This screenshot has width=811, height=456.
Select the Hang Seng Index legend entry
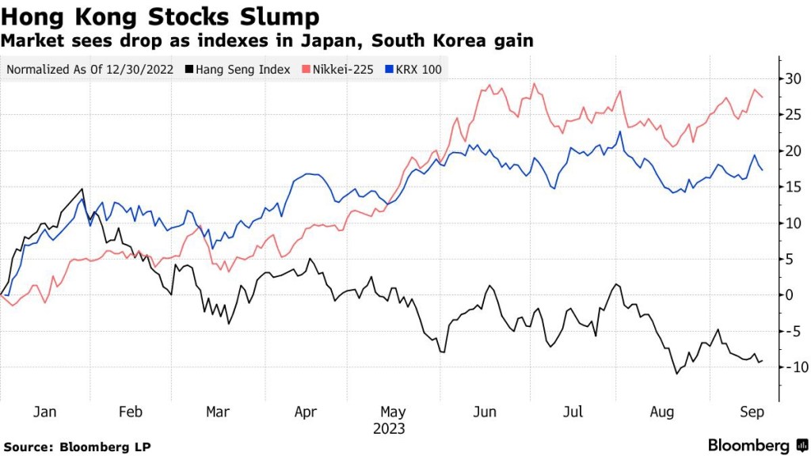click(x=242, y=69)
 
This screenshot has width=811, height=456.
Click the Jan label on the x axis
click(x=45, y=412)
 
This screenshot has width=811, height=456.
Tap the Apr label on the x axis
click(x=305, y=412)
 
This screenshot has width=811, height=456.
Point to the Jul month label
click(x=573, y=412)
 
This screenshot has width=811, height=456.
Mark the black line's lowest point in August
click(x=677, y=373)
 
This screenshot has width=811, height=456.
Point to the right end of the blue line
click(x=762, y=170)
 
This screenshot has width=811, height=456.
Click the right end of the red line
click(x=762, y=97)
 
